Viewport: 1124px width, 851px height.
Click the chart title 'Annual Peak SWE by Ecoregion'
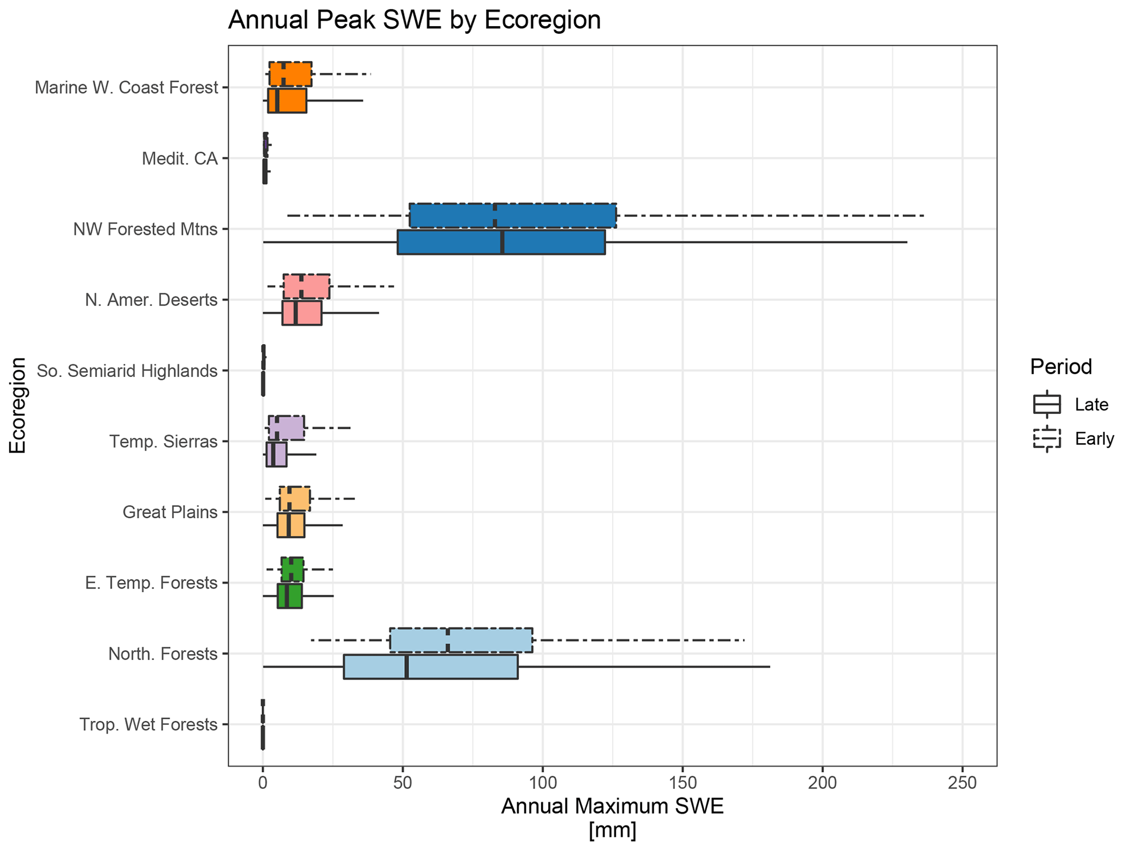414,21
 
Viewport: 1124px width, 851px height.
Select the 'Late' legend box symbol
1047,405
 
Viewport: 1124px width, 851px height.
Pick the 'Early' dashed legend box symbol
1047,438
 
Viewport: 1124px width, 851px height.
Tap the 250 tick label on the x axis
962,783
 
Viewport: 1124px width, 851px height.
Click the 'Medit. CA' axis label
179,159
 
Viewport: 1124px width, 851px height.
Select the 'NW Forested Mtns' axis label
145,229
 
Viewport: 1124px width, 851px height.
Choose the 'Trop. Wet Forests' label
148,725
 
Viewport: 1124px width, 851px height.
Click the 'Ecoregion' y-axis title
17,405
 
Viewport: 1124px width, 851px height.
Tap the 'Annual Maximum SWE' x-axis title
612,806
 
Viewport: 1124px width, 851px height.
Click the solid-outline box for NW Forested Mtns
501,242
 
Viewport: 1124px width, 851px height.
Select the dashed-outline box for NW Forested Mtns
513,215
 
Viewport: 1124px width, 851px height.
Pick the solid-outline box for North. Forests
430,667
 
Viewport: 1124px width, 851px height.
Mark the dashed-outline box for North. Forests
461,640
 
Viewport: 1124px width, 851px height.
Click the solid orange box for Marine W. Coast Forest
287,101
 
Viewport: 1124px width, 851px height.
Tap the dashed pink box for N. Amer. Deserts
306,287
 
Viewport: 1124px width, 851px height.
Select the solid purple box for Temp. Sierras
276,455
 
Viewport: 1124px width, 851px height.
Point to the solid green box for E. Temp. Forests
289,596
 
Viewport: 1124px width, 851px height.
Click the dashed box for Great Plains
295,499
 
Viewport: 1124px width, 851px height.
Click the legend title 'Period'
1060,367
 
